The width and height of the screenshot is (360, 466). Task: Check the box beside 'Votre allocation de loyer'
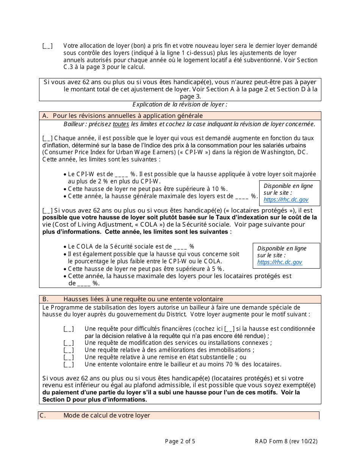point(47,46)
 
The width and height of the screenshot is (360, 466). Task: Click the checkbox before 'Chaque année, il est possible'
point(47,139)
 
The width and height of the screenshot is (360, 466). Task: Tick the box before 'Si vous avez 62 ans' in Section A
point(47,211)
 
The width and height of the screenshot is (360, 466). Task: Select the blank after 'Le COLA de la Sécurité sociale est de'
point(180,247)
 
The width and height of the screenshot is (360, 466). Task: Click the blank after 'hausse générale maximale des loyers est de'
point(241,196)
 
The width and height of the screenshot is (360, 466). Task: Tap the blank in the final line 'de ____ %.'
point(84,283)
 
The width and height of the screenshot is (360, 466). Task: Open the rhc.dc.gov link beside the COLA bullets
point(280,262)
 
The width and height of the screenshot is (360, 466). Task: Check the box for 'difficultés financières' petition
point(69,329)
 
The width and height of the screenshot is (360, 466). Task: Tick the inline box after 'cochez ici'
point(230,329)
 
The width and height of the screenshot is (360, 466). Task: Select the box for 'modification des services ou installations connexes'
point(69,343)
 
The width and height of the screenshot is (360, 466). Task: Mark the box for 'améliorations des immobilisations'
point(69,350)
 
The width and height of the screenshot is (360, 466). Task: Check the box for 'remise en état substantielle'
point(69,357)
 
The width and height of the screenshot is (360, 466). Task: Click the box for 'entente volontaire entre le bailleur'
point(69,364)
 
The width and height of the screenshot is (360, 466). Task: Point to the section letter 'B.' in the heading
point(45,299)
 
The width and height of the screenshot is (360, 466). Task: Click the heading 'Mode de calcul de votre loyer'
point(106,416)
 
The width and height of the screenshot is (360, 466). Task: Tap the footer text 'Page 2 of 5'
point(180,441)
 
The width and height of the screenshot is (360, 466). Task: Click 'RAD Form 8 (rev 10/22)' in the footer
point(286,441)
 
